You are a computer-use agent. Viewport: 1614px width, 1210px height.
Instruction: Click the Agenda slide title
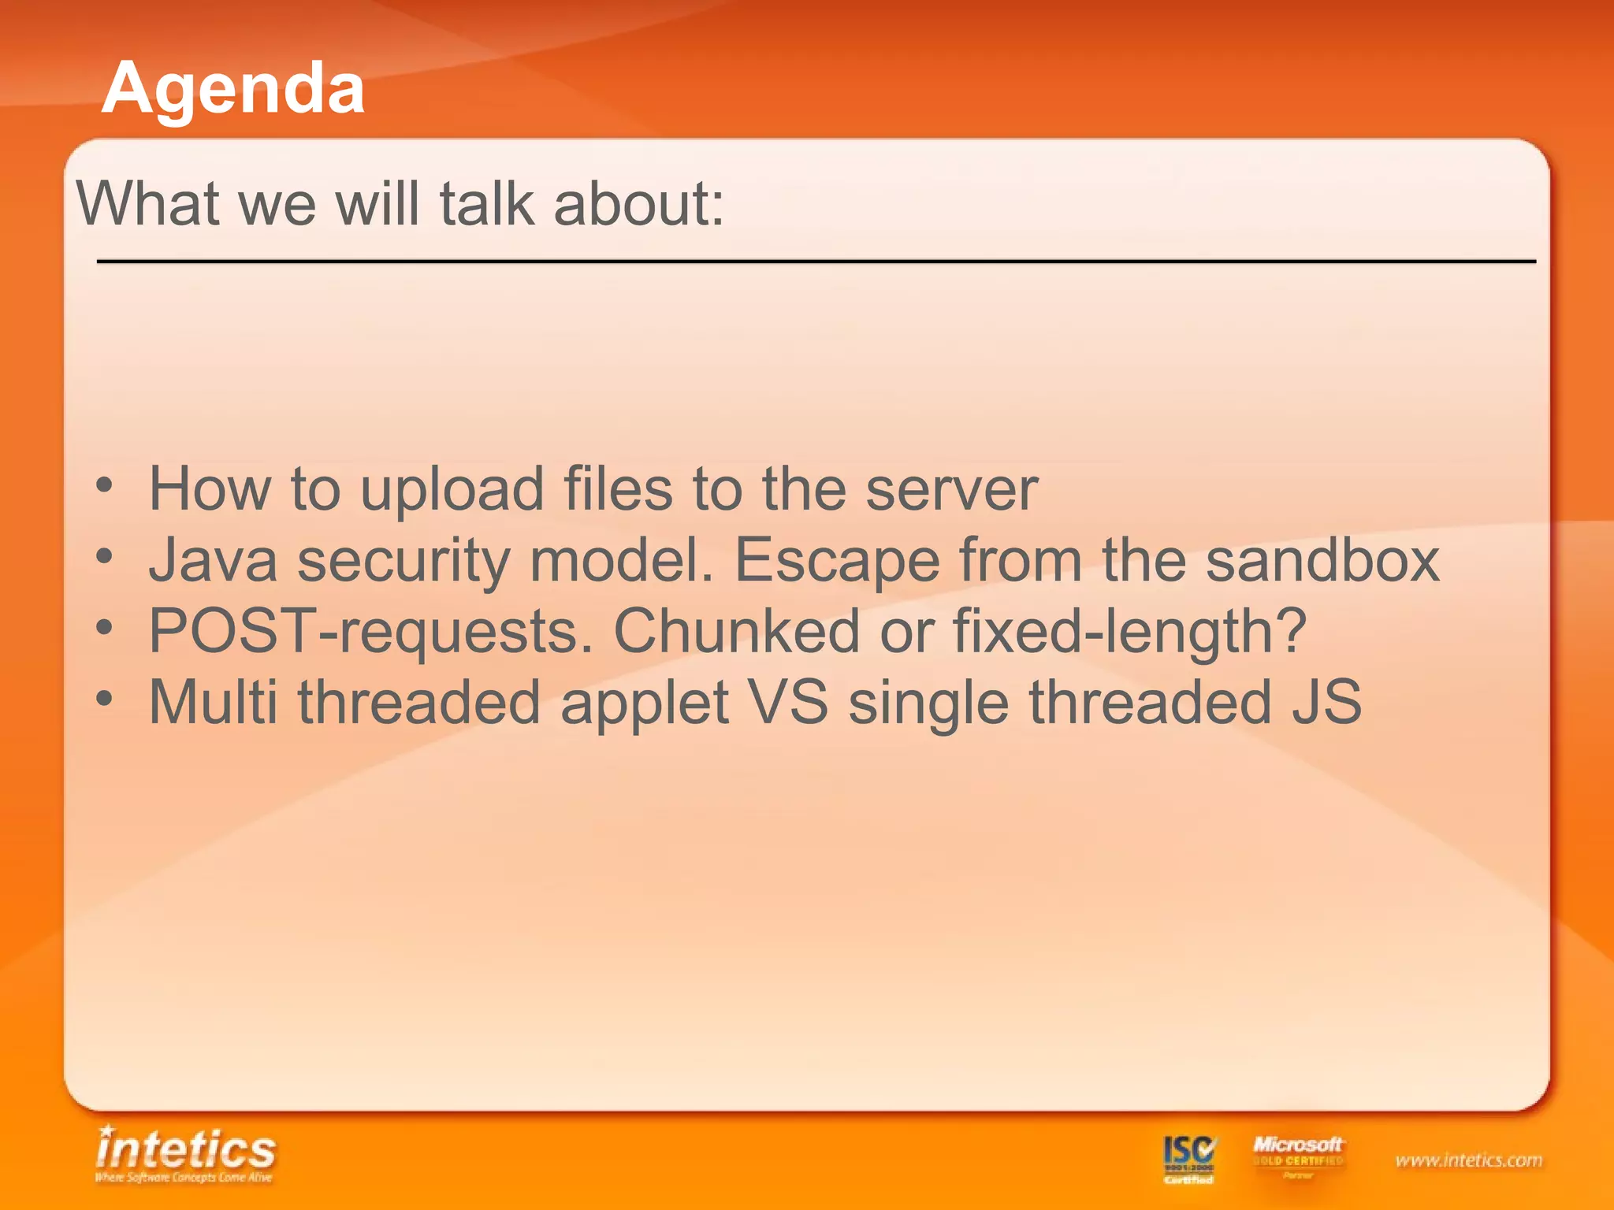233,88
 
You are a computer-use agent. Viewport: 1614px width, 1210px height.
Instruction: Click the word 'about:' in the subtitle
638,204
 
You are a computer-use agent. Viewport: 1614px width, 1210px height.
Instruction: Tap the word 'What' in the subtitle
147,204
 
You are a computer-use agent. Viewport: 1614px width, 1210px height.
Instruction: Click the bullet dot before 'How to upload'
105,485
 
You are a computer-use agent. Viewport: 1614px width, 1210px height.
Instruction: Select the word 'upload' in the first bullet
452,490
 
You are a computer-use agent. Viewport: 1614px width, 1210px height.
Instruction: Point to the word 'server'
951,490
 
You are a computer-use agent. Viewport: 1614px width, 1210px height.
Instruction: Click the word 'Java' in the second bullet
214,561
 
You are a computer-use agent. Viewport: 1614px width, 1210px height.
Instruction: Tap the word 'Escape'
837,561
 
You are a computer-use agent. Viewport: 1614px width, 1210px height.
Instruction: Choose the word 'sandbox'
1322,561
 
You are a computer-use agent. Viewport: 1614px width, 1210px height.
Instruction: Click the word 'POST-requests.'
370,632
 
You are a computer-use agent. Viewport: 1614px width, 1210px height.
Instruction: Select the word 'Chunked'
736,632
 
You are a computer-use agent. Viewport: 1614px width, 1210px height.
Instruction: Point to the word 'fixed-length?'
1130,632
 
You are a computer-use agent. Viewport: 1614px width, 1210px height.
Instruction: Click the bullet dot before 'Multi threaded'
105,698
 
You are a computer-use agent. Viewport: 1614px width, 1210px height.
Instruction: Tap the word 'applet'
644,703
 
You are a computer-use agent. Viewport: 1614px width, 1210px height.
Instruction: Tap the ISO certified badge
1189,1159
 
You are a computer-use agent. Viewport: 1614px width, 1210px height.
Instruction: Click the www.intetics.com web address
1468,1160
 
